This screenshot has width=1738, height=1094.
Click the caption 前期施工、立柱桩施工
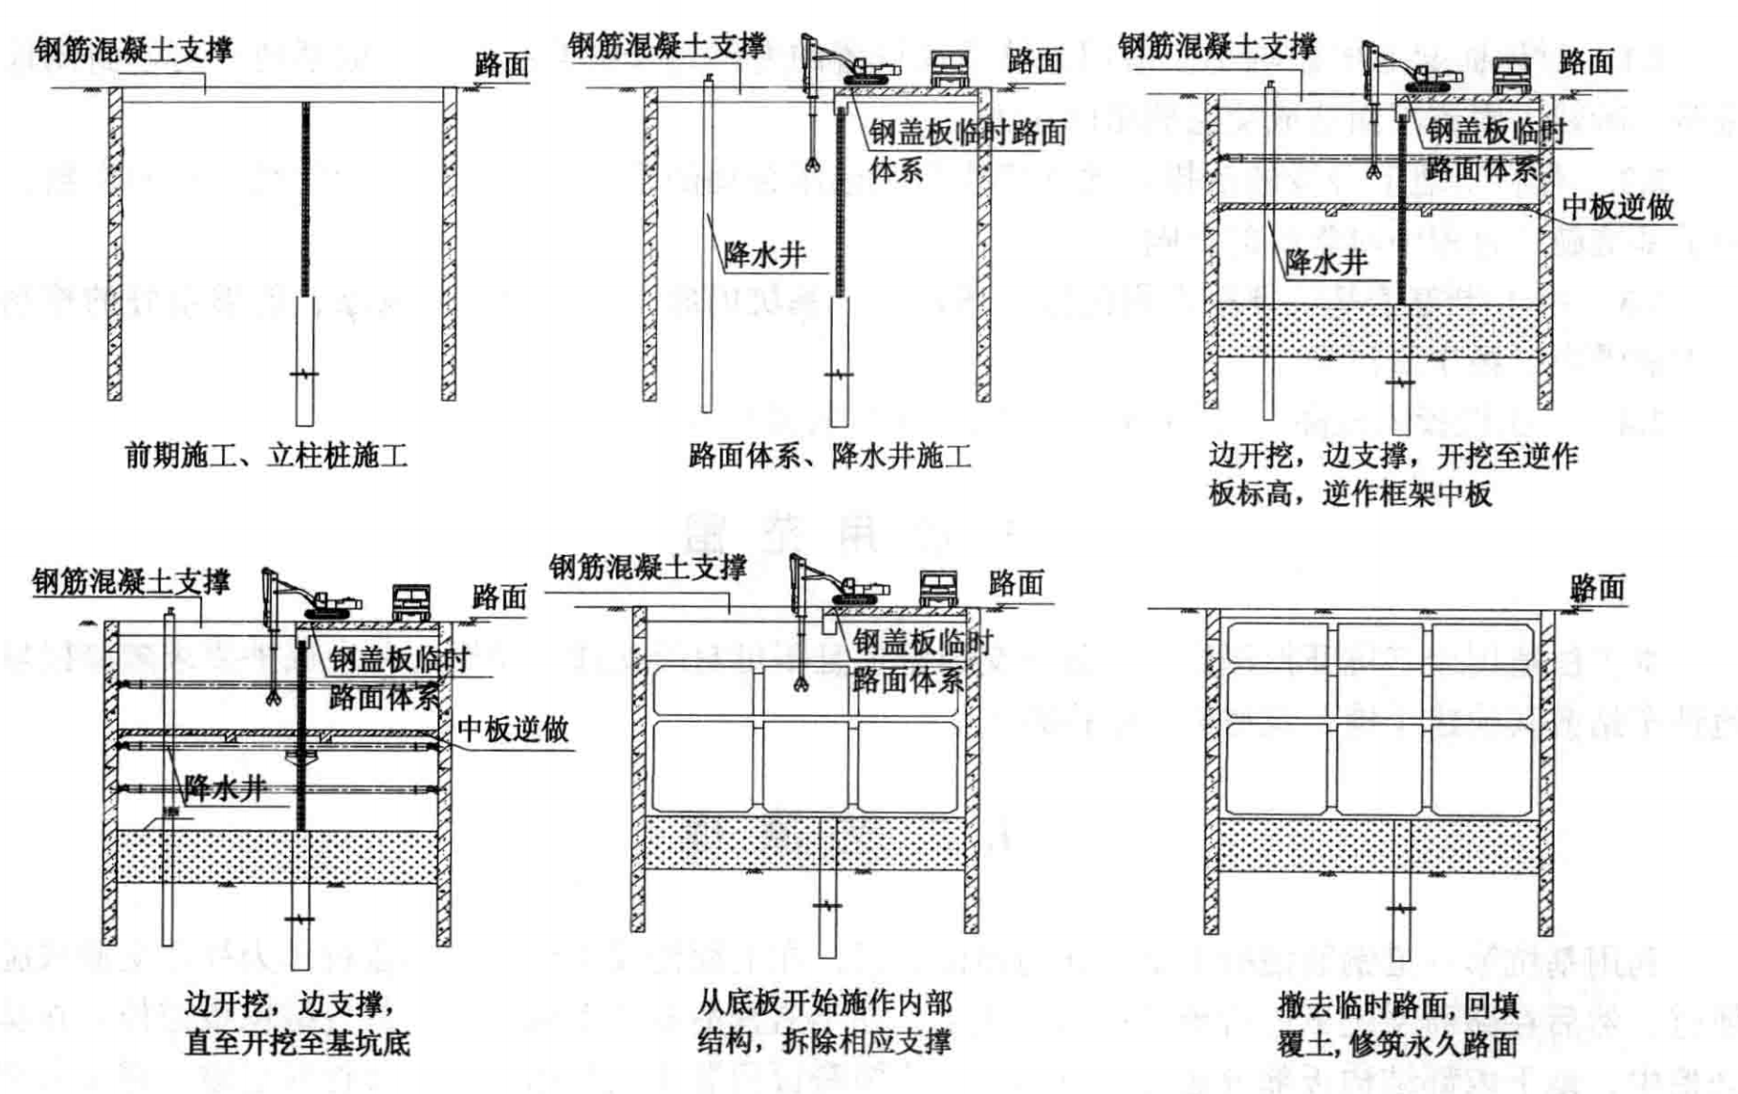tap(266, 457)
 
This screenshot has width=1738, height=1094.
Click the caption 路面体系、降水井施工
tap(829, 457)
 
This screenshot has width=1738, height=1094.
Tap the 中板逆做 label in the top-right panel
tap(1618, 208)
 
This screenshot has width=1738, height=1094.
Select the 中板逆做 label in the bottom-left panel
tap(513, 729)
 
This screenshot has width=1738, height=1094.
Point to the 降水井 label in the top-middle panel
tap(764, 254)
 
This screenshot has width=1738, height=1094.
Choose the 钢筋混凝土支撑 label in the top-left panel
tap(134, 50)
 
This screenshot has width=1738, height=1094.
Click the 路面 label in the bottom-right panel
tap(1597, 589)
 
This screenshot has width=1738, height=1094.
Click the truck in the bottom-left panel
tap(411, 602)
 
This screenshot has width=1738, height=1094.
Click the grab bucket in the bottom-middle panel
tap(802, 682)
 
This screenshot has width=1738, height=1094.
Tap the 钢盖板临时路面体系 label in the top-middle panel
tap(966, 151)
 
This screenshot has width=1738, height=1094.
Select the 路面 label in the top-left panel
tap(502, 65)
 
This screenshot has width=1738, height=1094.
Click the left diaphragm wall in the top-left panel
tap(115, 245)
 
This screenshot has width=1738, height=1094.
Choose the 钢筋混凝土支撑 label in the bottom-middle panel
tap(648, 567)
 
